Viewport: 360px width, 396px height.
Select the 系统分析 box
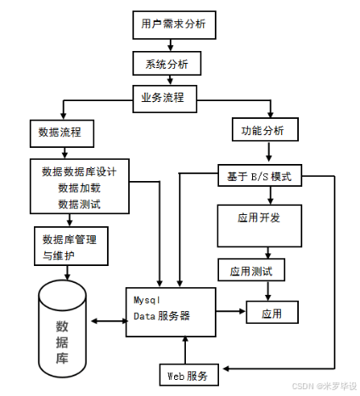pyautogui.click(x=166, y=64)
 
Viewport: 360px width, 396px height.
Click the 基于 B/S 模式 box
pyautogui.click(x=259, y=177)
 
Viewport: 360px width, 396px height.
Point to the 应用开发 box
pyautogui.click(x=258, y=218)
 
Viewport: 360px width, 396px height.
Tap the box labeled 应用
pyautogui.click(x=271, y=314)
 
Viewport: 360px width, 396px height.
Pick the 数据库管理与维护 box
pyautogui.click(x=70, y=246)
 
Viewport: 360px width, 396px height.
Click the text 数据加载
pyautogui.click(x=79, y=187)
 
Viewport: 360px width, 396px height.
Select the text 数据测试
pyautogui.click(x=79, y=203)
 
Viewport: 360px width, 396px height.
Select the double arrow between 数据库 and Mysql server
pyautogui.click(x=108, y=320)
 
